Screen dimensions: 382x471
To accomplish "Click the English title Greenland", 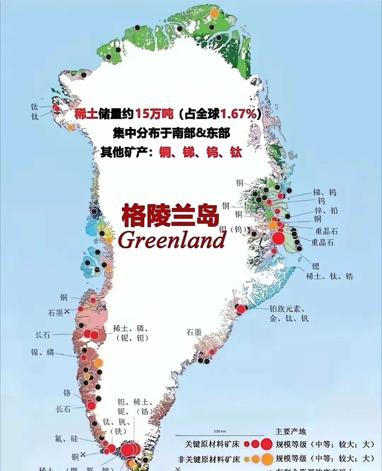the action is point(172,240).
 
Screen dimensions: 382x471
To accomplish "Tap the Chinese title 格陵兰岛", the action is point(170,215).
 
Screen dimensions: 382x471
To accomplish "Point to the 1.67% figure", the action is point(238,114).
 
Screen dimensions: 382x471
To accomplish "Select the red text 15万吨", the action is point(154,114).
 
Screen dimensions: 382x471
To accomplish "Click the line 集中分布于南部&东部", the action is point(172,133).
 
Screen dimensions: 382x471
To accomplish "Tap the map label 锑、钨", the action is point(325,192).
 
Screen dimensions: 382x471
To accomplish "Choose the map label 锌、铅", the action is point(326,211).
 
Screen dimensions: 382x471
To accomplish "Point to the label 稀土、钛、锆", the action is point(329,276).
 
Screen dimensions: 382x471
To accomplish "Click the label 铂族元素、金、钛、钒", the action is point(289,314).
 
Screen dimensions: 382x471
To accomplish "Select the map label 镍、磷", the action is point(42,352).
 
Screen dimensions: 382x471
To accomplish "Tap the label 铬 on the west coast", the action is point(67,393).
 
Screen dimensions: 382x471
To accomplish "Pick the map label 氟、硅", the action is point(66,439).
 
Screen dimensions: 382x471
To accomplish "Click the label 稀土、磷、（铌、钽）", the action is point(131,333).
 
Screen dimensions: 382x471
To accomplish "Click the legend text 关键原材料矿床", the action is point(212,444).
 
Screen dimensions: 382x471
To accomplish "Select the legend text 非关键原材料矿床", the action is point(209,459).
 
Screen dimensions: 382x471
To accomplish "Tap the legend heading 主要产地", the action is point(290,431).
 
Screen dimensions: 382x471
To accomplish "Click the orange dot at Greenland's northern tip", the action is point(214,13).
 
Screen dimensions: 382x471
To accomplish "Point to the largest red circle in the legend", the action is point(266,444).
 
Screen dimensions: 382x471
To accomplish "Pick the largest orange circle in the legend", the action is point(267,459).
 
